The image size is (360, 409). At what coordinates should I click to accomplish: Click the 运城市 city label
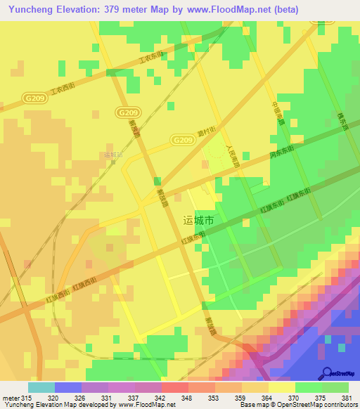pyautogui.click(x=198, y=220)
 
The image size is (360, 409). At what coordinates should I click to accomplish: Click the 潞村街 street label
pyautogui.click(x=206, y=134)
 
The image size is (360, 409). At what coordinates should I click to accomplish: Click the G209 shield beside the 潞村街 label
pyautogui.click(x=181, y=140)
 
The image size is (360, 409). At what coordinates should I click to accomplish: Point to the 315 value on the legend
pyautogui.click(x=27, y=397)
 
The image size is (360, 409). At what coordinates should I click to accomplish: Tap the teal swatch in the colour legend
pyautogui.click(x=41, y=387)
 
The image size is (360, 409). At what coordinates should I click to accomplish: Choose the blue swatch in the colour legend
pyautogui.click(x=67, y=387)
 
